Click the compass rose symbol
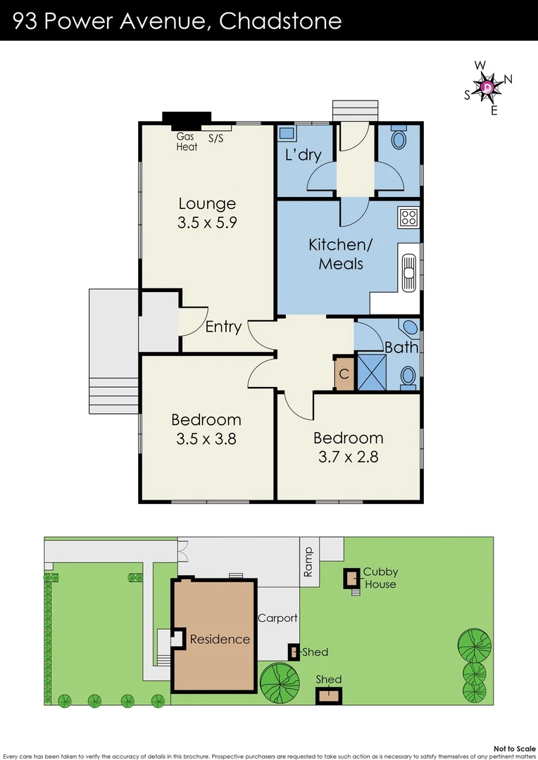tap(487, 87)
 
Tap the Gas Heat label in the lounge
tap(187, 142)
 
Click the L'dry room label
tap(303, 155)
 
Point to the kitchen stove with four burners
tap(408, 217)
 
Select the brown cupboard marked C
tap(344, 374)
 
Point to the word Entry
tap(223, 327)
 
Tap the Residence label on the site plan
tap(220, 639)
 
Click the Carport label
tap(277, 618)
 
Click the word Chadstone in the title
tap(280, 21)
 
